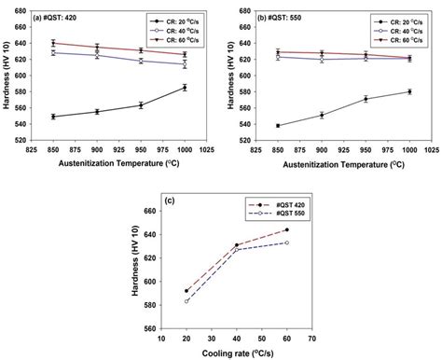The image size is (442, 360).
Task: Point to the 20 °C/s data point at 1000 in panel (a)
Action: [x=185, y=88]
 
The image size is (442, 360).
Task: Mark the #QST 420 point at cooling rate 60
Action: [x=286, y=229]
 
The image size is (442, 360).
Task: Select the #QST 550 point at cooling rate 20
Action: [x=186, y=301]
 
